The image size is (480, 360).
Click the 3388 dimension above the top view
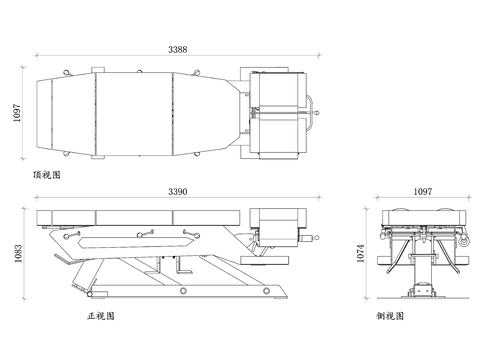177,49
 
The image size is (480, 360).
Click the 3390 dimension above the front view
178,192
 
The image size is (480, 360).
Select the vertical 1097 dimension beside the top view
17,113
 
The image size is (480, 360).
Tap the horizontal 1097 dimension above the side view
423,192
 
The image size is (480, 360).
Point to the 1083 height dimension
18,253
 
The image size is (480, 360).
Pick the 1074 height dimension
361,253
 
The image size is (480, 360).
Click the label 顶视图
47,175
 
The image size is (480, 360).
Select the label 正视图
101,316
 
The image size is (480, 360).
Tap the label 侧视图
390,316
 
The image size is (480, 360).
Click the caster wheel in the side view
464,241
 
